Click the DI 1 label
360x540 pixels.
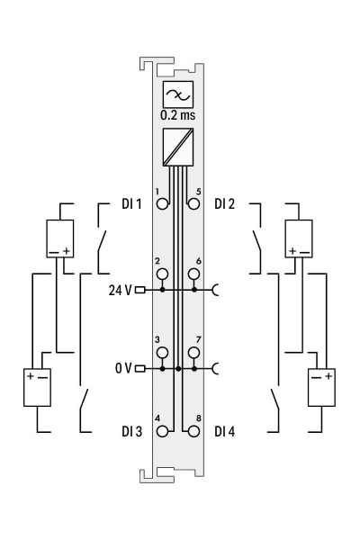click(x=131, y=204)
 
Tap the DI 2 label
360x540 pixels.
click(x=225, y=204)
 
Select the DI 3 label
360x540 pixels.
click(x=131, y=431)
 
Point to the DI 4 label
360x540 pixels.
click(x=225, y=431)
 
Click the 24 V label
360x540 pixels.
click(x=120, y=291)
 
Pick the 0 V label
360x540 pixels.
click(x=123, y=368)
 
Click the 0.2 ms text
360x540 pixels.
click(x=178, y=115)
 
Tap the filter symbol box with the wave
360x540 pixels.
click(x=178, y=94)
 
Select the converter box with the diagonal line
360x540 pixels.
click(x=178, y=147)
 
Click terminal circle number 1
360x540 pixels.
click(x=162, y=204)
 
